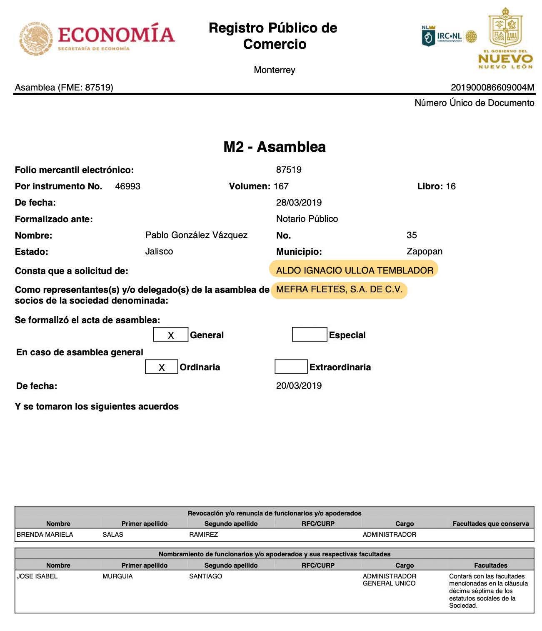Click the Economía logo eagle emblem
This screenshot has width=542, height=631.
click(x=36, y=38)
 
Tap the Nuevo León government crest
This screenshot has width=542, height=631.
click(x=505, y=28)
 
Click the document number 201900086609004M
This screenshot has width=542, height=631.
click(x=492, y=87)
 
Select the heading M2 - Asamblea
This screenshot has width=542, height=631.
click(x=275, y=147)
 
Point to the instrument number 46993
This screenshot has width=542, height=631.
click(x=127, y=186)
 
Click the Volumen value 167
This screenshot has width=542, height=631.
click(x=281, y=186)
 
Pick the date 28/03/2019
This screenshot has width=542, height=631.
click(x=299, y=203)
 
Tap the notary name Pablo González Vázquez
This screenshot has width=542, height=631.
click(x=196, y=235)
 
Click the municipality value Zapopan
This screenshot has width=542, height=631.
click(x=424, y=251)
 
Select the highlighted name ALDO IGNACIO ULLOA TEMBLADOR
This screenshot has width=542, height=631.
click(x=355, y=270)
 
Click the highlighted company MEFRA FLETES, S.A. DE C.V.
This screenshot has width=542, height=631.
click(x=339, y=290)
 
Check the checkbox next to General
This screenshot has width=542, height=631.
click(x=170, y=335)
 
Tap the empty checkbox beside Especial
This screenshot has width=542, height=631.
click(x=309, y=334)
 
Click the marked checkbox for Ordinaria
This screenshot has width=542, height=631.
click(x=162, y=367)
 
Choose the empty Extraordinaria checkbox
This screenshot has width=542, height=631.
click(x=291, y=367)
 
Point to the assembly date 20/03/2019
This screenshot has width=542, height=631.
click(x=299, y=386)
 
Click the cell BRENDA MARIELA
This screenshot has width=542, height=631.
click(x=45, y=535)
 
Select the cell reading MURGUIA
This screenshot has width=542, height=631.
click(x=117, y=576)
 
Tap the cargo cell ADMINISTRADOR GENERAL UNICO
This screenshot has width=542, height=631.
click(x=389, y=580)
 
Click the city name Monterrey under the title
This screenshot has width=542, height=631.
click(x=275, y=70)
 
